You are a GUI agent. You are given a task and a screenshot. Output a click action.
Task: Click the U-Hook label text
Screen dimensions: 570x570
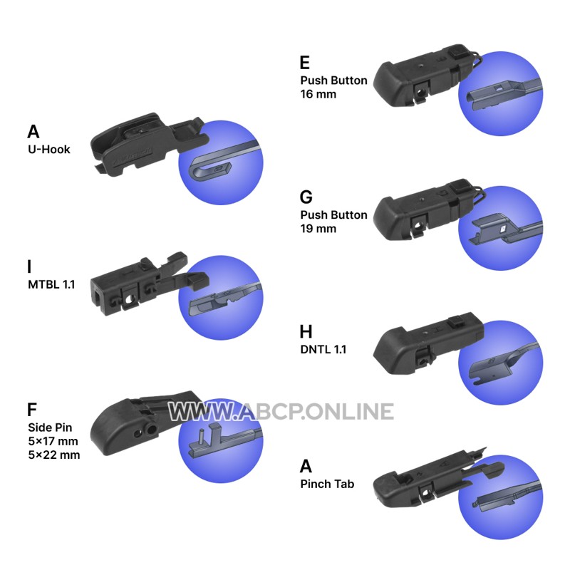[x=49, y=150]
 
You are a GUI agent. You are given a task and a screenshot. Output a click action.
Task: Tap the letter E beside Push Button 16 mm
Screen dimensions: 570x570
[x=305, y=63]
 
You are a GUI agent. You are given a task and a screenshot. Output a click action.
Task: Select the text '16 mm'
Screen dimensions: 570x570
[x=318, y=94]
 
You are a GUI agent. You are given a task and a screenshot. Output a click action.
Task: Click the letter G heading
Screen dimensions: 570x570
[x=306, y=197]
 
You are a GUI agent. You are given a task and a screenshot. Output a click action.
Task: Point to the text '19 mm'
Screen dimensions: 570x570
[x=318, y=229]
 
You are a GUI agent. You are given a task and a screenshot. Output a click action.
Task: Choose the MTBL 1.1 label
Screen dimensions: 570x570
[x=51, y=284]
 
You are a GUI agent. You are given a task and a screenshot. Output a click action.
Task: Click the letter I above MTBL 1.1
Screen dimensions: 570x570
[x=29, y=266]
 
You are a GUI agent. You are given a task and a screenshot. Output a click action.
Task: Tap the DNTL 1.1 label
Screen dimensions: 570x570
[x=323, y=349]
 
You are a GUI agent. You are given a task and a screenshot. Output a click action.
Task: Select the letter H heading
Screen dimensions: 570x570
[x=306, y=331]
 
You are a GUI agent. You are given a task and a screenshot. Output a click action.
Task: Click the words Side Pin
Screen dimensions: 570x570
[x=50, y=427]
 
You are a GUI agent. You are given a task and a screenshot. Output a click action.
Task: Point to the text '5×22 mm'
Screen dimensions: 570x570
[x=54, y=455]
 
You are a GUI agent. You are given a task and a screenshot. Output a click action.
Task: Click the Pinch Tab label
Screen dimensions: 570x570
[x=327, y=484]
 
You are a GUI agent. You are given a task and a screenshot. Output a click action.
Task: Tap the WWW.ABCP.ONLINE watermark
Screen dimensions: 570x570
[x=281, y=412]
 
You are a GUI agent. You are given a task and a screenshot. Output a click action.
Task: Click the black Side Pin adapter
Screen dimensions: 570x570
[x=145, y=422]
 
